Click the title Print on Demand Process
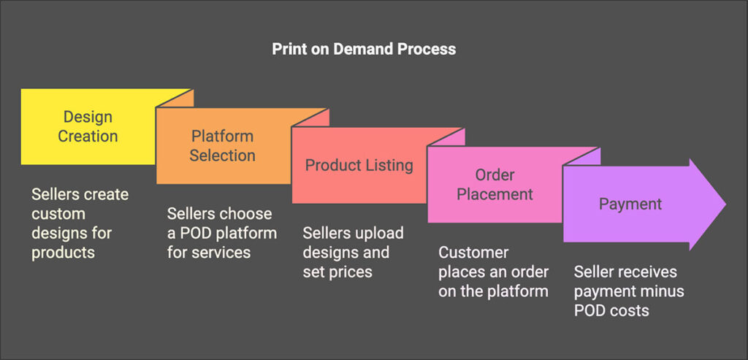pos(364,50)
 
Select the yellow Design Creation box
pos(88,126)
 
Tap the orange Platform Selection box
pos(223,146)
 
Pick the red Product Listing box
pos(359,165)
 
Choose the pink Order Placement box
pos(495,185)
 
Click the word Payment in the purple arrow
pos(630,204)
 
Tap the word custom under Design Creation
pos(58,213)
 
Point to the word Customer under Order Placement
pos(473,253)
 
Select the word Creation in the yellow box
pos(88,136)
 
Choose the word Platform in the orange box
pos(223,137)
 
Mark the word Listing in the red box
pos(386,165)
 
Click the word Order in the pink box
pos(495,175)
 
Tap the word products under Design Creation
pos(63,252)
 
